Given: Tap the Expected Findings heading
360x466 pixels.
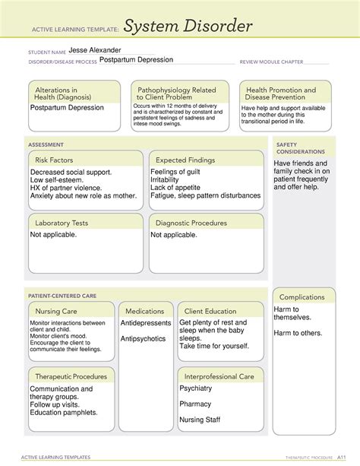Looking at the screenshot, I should point(186,160).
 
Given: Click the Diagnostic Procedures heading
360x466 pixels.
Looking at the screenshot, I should point(191,223).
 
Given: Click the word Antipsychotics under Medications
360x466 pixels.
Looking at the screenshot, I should point(143,339).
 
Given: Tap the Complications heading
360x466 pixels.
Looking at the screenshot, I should point(302,297).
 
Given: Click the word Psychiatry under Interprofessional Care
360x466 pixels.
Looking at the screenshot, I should point(196,388).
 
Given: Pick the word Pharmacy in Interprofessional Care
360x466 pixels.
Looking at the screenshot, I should point(195,404).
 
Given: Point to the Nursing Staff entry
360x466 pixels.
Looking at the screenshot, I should point(201,420).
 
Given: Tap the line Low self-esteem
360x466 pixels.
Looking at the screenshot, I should point(61,183).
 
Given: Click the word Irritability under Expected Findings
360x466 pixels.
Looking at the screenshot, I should point(169,183).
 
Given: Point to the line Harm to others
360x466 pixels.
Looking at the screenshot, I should point(298,333).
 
